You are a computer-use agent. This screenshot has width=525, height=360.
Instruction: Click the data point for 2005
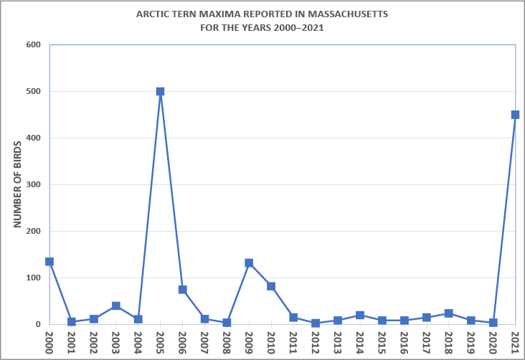point(160,92)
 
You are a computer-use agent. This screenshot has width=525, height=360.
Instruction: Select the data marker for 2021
point(515,115)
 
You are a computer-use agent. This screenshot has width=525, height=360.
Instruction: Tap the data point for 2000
point(49,262)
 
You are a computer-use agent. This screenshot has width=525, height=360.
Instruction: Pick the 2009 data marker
point(249,263)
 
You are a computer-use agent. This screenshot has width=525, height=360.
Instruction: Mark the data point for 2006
point(182,290)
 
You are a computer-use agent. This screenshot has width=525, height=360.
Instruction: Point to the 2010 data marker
point(271,286)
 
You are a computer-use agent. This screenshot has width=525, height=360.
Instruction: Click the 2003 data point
point(116,306)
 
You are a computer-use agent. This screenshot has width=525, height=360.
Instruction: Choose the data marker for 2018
point(448,313)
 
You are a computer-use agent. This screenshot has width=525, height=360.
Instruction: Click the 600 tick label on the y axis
point(34,45)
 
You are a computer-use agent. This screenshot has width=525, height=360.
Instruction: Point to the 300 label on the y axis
point(34,185)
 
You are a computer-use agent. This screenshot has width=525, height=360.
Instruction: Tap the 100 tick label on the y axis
point(34,278)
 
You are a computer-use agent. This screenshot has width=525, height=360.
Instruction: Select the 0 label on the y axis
point(39,324)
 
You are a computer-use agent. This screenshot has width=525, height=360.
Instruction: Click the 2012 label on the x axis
point(316,341)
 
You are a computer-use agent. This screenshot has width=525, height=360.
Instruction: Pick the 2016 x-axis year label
point(405,341)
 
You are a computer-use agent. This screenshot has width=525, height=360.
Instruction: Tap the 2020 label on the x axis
point(493,341)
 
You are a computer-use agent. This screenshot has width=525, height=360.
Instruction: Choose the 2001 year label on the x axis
point(72,341)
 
